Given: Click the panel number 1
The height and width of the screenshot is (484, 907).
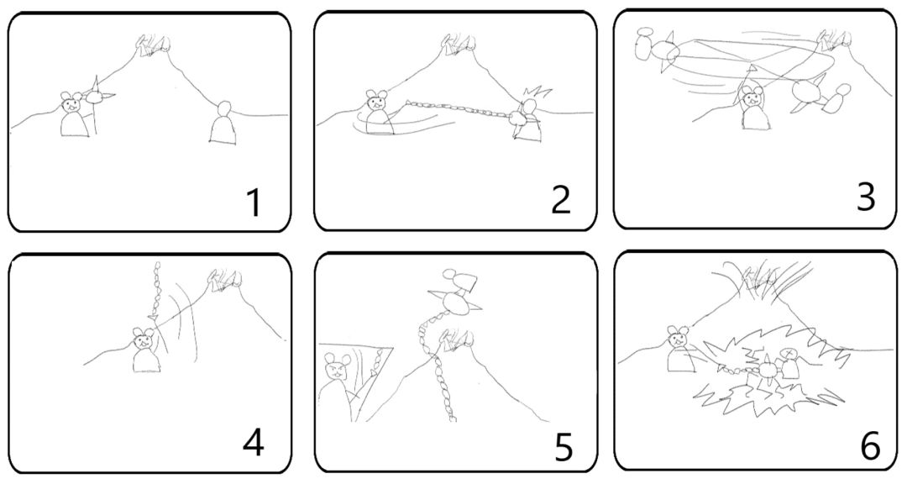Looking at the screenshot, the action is (254, 203).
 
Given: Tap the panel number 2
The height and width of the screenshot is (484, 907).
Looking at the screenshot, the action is (561, 200).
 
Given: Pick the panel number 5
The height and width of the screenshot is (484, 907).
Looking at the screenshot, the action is (564, 447).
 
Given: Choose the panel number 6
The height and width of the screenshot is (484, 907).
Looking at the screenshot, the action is (870, 445).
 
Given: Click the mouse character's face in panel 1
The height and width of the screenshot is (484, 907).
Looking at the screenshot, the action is (72, 104).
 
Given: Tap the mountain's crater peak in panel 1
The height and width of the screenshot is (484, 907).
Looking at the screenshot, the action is (155, 45).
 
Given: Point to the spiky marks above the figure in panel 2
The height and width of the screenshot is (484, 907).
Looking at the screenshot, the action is (537, 92).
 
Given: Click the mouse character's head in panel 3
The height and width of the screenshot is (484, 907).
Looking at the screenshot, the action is (752, 95).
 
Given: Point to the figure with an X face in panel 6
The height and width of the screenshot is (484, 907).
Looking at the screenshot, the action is (789, 360).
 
